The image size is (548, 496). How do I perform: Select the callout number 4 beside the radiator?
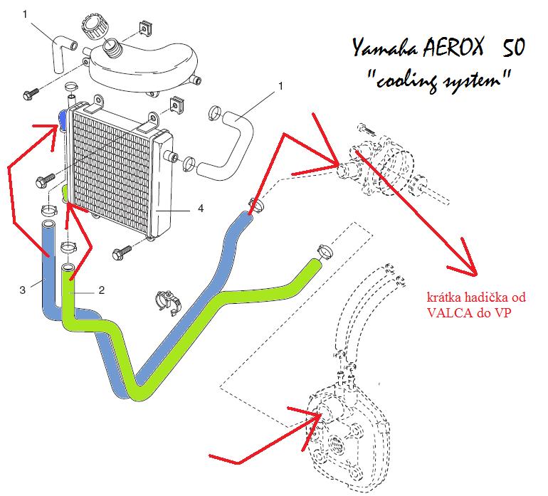201,209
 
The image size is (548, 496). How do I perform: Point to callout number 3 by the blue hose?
23,290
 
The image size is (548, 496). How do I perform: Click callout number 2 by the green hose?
101,290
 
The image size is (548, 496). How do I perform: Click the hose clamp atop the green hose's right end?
323,251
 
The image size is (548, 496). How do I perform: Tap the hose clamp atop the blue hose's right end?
255,204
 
